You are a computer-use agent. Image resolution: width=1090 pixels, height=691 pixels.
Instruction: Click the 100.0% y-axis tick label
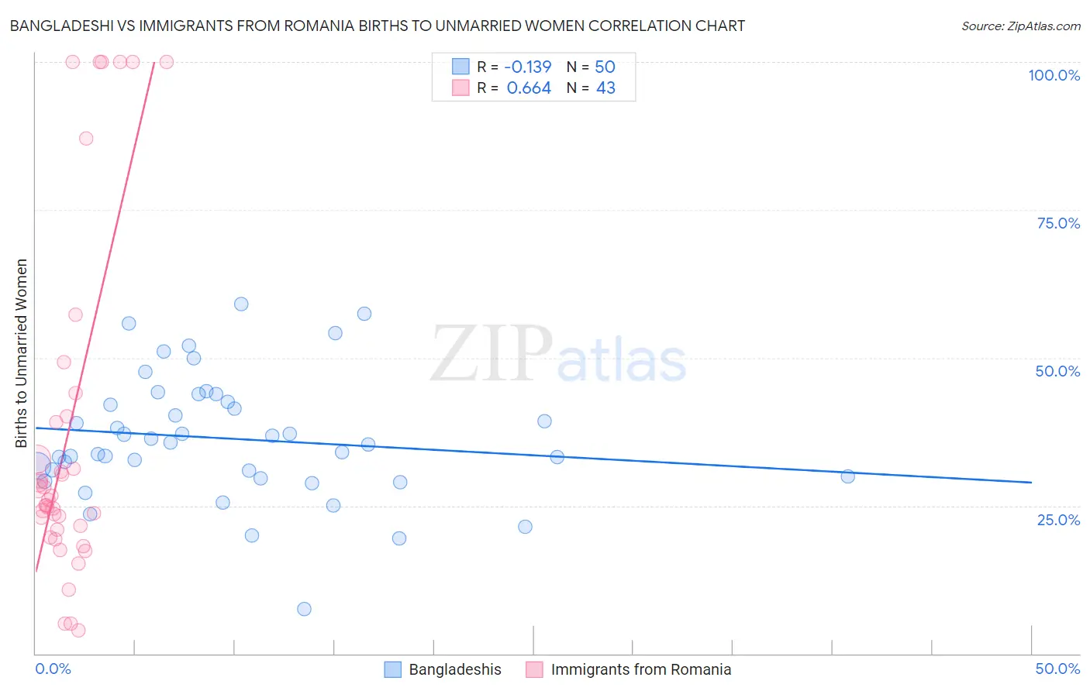pos(1054,75)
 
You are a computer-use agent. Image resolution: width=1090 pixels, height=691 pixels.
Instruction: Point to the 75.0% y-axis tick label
pos(1058,223)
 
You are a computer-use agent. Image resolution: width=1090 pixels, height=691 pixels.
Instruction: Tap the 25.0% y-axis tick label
pos(1058,520)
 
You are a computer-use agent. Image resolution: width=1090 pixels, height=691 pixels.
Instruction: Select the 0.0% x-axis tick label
pos(53,669)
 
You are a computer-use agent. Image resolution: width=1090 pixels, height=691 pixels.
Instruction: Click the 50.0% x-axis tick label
pos(1057,669)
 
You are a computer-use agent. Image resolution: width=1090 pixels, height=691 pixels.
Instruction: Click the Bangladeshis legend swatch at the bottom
pos(393,669)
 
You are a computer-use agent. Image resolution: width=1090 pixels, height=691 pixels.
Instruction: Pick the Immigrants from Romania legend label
pos(640,669)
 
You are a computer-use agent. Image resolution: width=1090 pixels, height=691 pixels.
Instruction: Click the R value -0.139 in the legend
pos(529,67)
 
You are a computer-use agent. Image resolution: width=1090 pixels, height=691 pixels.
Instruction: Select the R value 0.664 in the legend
pos(529,88)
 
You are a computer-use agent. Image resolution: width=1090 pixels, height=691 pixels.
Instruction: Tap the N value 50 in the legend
pos(605,67)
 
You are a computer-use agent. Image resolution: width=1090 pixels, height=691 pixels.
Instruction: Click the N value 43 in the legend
pos(605,88)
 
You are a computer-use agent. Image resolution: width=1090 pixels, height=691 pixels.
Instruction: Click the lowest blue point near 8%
pos(304,609)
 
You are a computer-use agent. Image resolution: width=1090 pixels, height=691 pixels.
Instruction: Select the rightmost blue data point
pos(847,476)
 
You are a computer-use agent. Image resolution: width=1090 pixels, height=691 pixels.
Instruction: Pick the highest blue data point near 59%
pos(241,304)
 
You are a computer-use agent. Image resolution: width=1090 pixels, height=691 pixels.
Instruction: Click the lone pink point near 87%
pos(86,139)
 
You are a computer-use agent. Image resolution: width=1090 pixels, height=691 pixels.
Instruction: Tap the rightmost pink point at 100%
pos(166,62)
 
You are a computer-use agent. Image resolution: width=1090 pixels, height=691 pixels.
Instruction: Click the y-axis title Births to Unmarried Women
pos(21,353)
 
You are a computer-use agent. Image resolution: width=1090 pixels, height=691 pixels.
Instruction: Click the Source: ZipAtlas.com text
pos(1020,26)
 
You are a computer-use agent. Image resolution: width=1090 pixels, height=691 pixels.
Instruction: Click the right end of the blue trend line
pos(1031,482)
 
